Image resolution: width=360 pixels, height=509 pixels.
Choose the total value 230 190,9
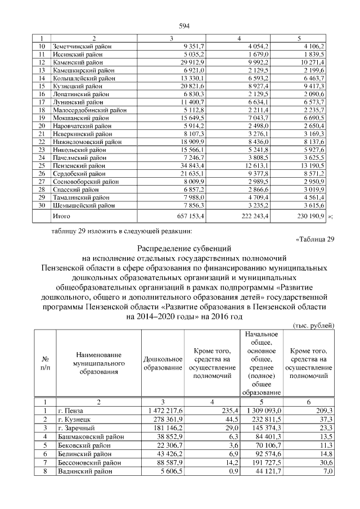tap(308, 215)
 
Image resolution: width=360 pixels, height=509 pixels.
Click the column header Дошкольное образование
tap(163, 363)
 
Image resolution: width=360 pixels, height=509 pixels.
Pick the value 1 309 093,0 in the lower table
tap(261, 411)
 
